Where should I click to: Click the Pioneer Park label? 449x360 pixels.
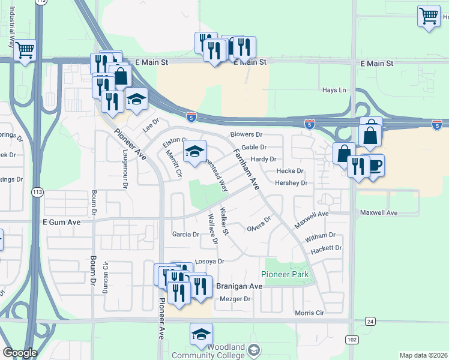pos(285,274)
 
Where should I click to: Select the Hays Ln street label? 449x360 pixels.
pos(334,90)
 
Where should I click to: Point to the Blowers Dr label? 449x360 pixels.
pos(247,135)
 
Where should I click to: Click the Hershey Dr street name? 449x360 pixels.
pos(291,183)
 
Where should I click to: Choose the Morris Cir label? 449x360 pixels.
pos(309,313)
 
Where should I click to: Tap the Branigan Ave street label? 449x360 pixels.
pos(239,287)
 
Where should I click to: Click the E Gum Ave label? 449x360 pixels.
pos(61,221)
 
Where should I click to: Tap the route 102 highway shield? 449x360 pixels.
pos(352,340)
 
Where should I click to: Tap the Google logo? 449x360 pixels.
pos(20,353)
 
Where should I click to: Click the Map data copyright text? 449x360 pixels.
pos(423,355)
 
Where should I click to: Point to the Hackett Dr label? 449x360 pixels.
pos(327,247)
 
